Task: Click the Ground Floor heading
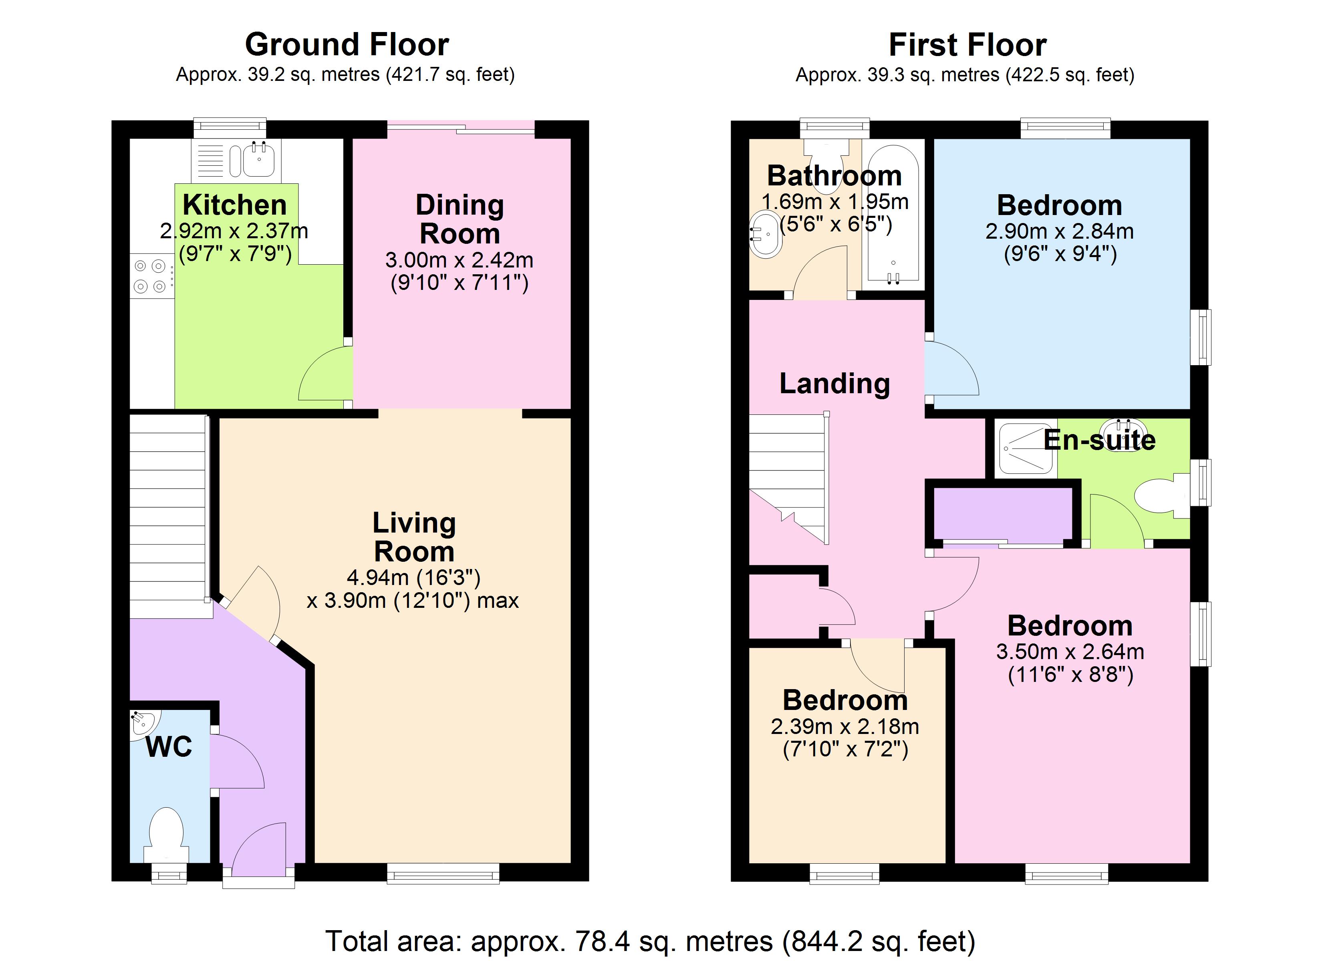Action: [347, 45]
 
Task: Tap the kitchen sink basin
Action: [259, 159]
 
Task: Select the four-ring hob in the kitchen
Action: [150, 276]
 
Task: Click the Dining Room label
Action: [459, 219]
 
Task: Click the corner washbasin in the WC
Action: [142, 723]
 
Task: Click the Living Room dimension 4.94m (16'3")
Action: [413, 577]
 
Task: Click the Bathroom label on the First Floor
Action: [834, 175]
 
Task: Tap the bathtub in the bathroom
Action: [893, 216]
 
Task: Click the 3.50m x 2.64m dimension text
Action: [1070, 651]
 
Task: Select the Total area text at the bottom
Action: [650, 941]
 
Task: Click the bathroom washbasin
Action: [765, 235]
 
